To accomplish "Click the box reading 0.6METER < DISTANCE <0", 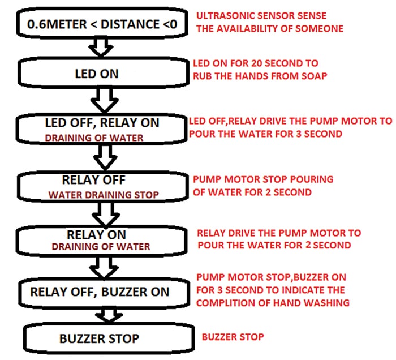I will [x=100, y=24].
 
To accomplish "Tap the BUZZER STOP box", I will [x=100, y=338].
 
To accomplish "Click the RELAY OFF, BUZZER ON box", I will [x=100, y=293].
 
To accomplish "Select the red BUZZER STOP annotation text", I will [x=233, y=337].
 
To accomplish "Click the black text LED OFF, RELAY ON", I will [x=102, y=123].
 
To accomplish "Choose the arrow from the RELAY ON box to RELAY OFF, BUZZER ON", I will [x=100, y=265].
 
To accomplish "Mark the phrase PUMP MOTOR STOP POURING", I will [x=263, y=179].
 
